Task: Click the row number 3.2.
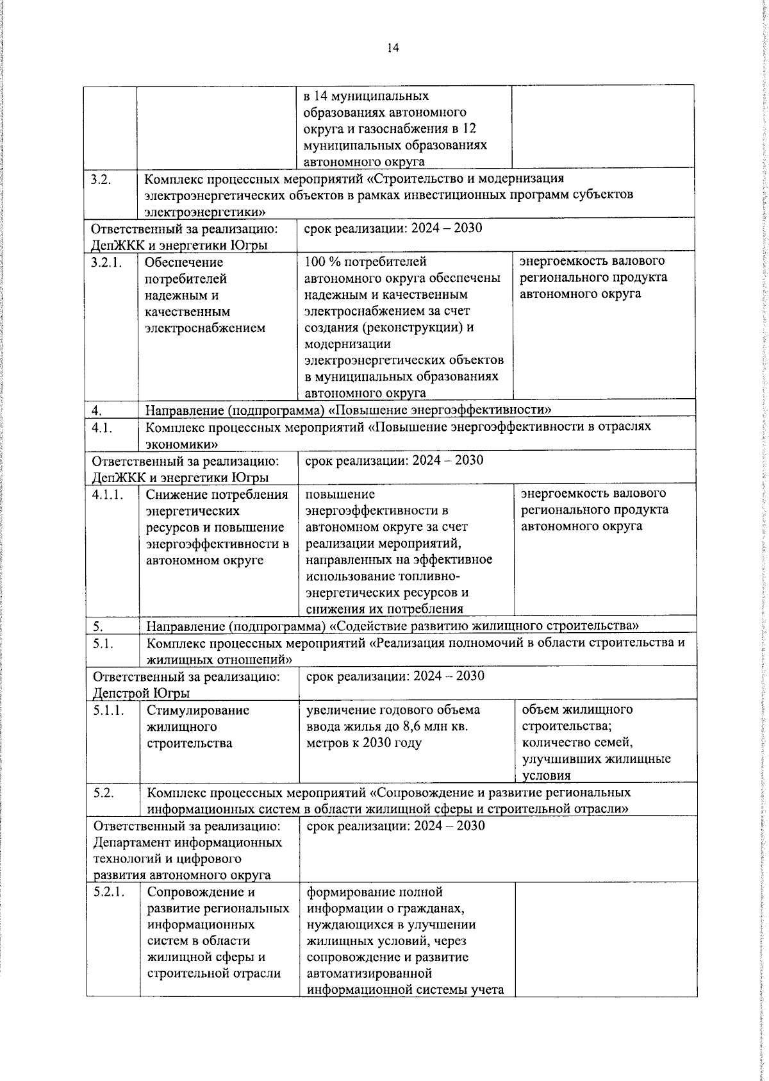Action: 102,179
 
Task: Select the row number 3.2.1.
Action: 107,262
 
